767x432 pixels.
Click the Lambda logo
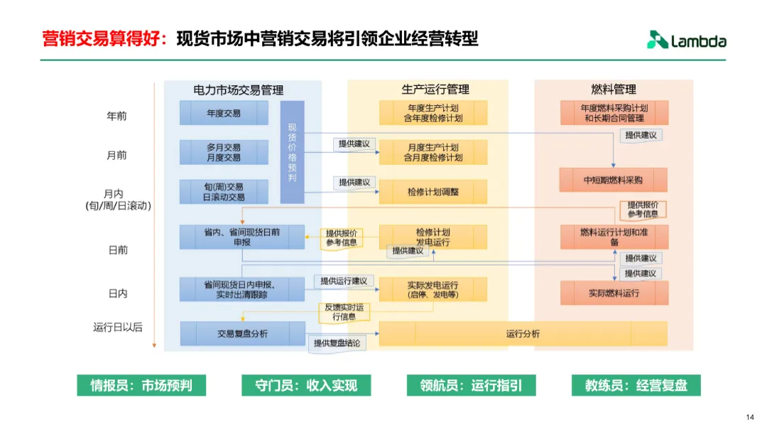pos(686,40)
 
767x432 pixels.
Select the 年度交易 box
pos(224,113)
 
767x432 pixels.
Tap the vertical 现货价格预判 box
pos(292,152)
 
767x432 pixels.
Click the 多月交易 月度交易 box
pos(224,152)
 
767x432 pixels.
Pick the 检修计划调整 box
pos(433,192)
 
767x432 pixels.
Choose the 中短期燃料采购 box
pos(614,180)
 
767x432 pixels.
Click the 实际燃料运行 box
pos(614,293)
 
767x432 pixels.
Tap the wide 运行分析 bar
pos(523,333)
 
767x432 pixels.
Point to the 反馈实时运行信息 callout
pos(344,312)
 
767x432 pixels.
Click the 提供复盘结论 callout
pos(337,343)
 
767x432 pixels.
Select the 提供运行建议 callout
pos(344,281)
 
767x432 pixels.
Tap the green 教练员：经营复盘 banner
pos(636,386)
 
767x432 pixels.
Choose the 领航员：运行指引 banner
pos(471,386)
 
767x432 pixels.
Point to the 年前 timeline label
pos(116,116)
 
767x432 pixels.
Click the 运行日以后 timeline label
pos(118,328)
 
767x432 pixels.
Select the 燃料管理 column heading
pos(614,90)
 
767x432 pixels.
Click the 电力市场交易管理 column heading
pos(238,90)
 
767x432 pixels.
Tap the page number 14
pos(750,417)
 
